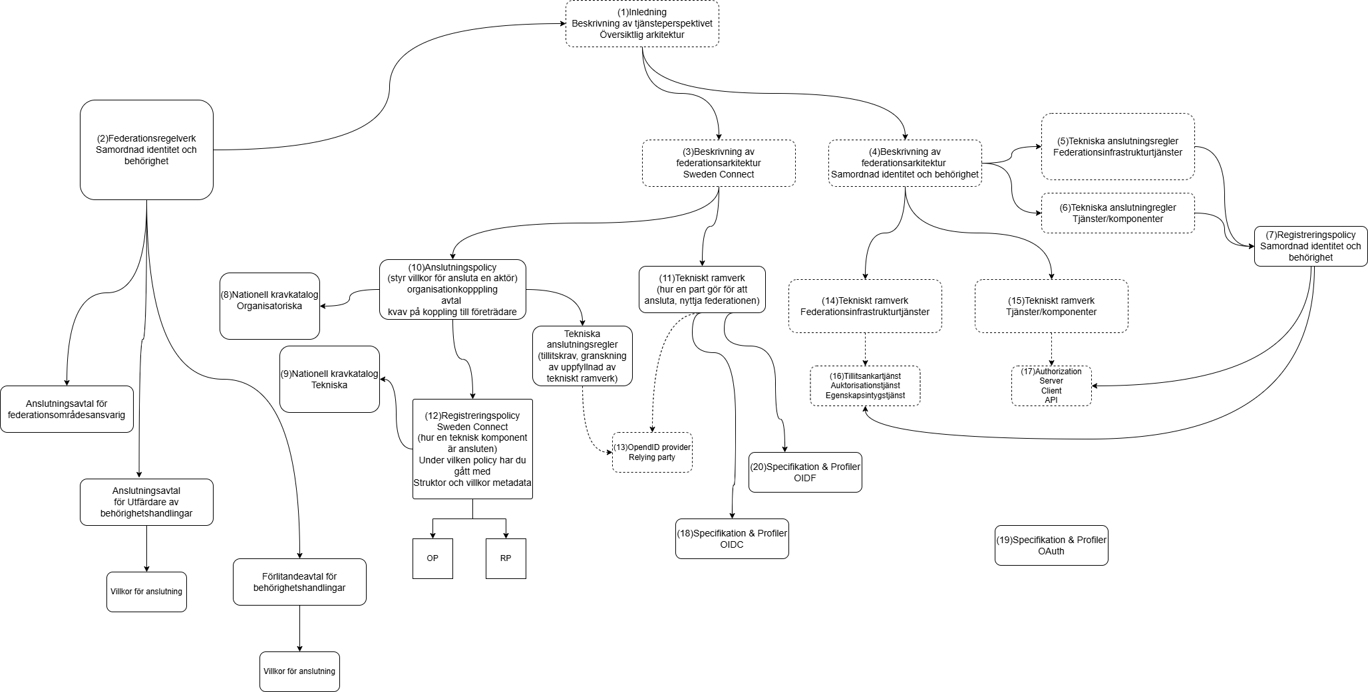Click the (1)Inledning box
[x=642, y=23]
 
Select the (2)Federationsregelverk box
[x=146, y=150]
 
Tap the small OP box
[x=432, y=558]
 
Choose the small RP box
[x=506, y=558]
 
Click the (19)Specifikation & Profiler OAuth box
[x=1051, y=545]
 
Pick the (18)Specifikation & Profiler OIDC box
[x=732, y=538]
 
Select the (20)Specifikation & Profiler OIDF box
[x=805, y=472]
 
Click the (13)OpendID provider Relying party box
[x=652, y=452]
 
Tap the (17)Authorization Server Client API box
[x=1051, y=386]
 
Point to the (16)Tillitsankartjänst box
[x=865, y=386]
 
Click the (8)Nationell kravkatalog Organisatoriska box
[x=269, y=306]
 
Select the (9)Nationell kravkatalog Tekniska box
[x=329, y=379]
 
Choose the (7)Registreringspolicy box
[x=1310, y=246]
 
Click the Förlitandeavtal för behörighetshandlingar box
[x=299, y=582]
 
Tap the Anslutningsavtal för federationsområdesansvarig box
[x=67, y=409]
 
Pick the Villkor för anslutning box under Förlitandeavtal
[x=299, y=671]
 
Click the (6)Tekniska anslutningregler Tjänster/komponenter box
[x=1118, y=213]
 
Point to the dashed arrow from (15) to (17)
[x=1051, y=349]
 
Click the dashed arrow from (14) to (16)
[x=865, y=349]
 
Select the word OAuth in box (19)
[x=1051, y=551]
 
